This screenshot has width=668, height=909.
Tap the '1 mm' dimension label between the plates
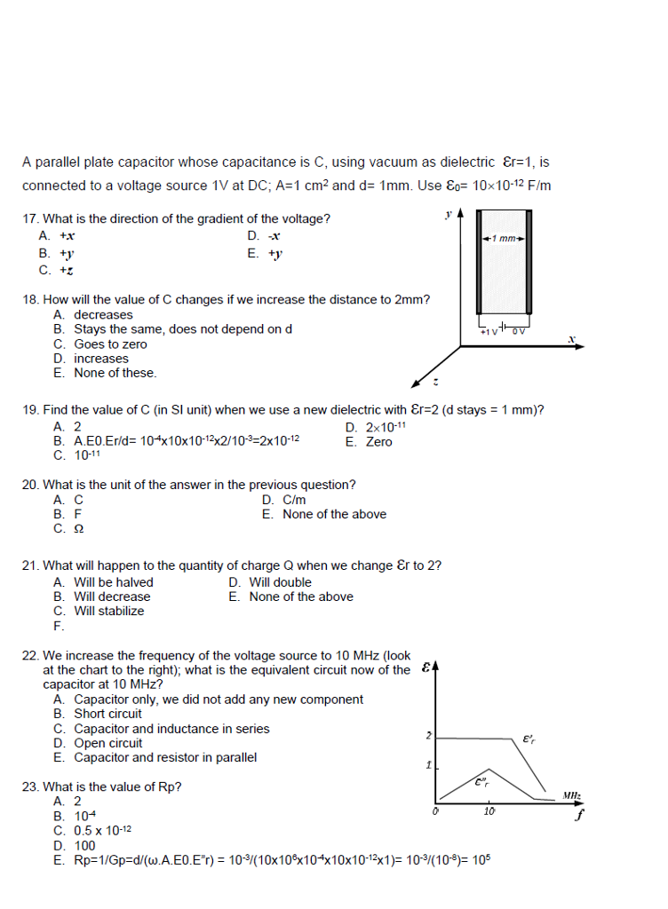click(x=505, y=239)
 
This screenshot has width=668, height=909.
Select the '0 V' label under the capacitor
click(x=519, y=331)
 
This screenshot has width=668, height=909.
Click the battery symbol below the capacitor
click(x=504, y=328)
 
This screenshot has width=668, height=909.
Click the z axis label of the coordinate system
click(x=435, y=383)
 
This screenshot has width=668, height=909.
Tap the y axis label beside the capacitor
click(x=449, y=213)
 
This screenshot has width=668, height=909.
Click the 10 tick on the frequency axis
click(x=489, y=811)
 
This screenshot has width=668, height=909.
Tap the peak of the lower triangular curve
click(x=487, y=770)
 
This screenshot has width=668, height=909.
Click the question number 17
click(x=29, y=219)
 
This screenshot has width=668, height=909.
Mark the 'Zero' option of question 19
click(x=378, y=442)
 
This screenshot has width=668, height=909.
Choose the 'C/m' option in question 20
click(x=294, y=500)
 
